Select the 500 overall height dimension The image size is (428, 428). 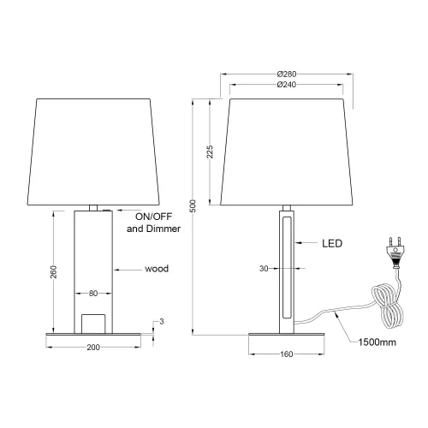tap(193, 206)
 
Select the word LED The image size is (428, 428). tap(331, 244)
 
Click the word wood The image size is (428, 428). tap(156, 269)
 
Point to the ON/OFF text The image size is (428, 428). tap(146, 217)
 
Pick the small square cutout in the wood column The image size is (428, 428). tap(93, 322)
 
